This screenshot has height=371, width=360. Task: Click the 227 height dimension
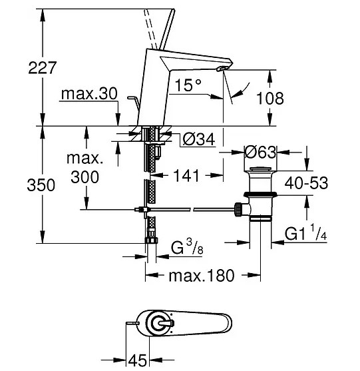(x=43, y=68)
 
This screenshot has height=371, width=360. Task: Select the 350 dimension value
(x=41, y=185)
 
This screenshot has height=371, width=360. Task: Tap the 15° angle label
(x=188, y=85)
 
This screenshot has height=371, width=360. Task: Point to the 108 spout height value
(x=270, y=98)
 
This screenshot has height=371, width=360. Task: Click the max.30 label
(x=89, y=93)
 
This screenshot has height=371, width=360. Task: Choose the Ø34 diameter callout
(x=199, y=139)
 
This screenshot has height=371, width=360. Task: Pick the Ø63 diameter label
(x=260, y=152)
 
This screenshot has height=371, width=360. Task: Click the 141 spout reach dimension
(x=186, y=176)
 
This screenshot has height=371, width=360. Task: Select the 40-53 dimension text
(x=306, y=183)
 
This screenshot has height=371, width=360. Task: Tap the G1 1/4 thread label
(x=306, y=232)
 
